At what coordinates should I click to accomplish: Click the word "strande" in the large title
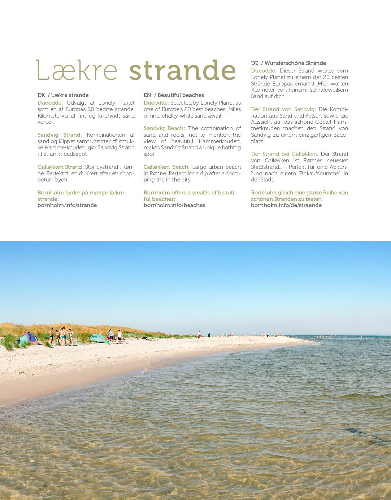pos(182,70)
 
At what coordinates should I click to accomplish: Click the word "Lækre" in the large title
pos(77,70)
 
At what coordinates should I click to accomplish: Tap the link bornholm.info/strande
pos(67,205)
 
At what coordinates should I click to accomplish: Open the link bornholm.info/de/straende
pos(286,205)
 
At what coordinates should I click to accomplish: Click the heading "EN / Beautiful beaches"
pos(174,95)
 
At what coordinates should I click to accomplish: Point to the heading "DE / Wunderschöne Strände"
pos(288,63)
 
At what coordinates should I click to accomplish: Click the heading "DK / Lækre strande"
pos(63,95)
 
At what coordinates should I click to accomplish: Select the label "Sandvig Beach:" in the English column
pos(164,128)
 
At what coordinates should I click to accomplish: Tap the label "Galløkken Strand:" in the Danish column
pos(60,167)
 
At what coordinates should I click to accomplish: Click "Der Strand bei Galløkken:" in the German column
pos(284,154)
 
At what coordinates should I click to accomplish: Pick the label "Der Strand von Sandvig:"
pos(283,109)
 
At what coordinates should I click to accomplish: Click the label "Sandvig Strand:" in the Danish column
pos(60,135)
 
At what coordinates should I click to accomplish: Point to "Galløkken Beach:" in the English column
pos(166,167)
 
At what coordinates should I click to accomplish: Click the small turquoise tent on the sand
pos(97,338)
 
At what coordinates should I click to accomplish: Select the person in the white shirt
pos(120,335)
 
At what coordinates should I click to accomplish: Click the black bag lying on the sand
pos(144,338)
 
